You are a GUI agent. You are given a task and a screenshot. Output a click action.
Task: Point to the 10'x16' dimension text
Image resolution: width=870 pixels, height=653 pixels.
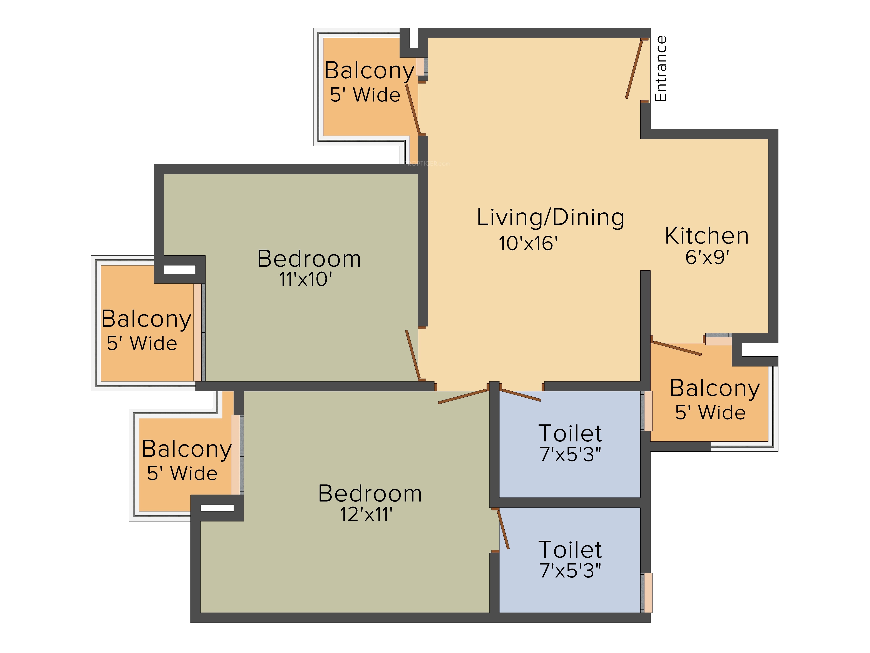pyautogui.click(x=528, y=243)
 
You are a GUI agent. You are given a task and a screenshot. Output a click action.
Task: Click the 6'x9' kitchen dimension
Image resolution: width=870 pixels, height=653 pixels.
pyautogui.click(x=707, y=257)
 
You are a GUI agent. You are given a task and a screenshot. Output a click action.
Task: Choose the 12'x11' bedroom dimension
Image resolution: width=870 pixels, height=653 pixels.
pyautogui.click(x=366, y=514)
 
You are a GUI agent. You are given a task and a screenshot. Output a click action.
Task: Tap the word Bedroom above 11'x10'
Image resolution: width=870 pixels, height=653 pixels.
pyautogui.click(x=309, y=259)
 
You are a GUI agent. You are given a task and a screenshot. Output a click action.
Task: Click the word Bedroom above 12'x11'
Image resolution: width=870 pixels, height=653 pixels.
pyautogui.click(x=370, y=494)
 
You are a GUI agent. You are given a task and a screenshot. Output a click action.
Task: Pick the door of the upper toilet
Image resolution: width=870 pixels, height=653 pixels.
pyautogui.click(x=521, y=395)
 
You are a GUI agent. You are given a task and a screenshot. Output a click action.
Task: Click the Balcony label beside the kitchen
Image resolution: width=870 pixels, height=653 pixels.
pyautogui.click(x=715, y=389)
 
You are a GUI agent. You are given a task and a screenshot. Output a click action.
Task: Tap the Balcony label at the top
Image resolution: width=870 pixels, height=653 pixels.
pyautogui.click(x=369, y=71)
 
